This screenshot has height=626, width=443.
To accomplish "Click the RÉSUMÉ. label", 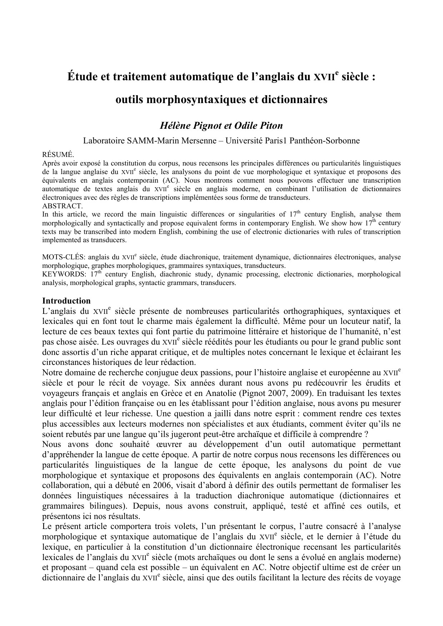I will coord(58,154).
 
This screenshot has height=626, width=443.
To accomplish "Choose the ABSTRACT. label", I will coord(63,206).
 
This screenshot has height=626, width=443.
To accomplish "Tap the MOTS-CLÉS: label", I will coord(64,257).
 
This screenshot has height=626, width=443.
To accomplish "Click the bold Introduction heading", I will coord(66,301).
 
